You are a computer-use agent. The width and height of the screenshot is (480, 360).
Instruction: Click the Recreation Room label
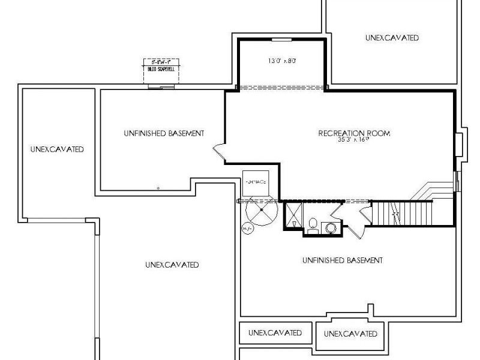coord(354,133)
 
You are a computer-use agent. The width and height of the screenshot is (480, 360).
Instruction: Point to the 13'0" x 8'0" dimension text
coord(281,61)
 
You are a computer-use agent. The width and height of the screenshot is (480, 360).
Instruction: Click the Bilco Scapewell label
coord(161,69)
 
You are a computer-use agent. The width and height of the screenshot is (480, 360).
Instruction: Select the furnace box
coord(256,182)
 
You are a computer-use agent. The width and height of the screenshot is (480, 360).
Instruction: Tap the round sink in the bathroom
coord(329,228)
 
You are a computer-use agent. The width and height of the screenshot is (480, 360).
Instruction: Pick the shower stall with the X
coord(293,214)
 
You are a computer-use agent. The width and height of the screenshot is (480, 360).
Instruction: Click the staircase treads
coord(402,213)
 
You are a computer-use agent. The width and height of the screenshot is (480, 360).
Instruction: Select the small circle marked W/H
coord(247,229)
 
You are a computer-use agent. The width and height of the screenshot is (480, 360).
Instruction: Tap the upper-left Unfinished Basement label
coord(164,133)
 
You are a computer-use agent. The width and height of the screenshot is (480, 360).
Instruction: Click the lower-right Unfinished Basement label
coord(342,260)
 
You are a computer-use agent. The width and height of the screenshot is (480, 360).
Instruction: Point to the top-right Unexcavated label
coord(391,38)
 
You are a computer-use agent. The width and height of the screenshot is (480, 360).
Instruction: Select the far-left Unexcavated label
coord(57,149)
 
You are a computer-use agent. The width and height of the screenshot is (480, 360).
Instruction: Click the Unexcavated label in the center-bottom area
coord(172,265)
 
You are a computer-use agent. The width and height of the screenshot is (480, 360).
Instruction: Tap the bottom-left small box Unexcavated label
coord(275,332)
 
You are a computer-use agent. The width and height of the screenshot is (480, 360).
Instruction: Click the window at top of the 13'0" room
coord(281,40)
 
